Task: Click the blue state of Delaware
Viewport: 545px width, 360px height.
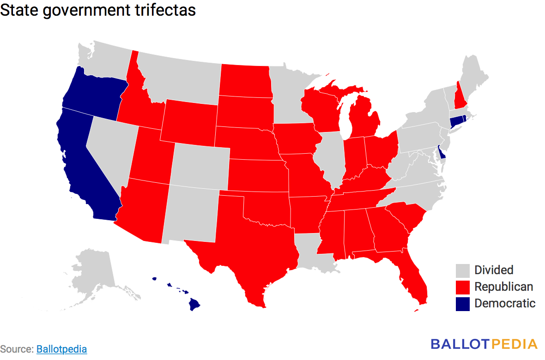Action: pos(442,152)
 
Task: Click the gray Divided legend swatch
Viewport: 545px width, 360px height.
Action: pos(462,270)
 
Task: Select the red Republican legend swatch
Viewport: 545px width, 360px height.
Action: pos(462,287)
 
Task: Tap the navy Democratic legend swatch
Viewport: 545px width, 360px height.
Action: pos(462,304)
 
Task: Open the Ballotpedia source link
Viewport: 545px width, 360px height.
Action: pos(61,349)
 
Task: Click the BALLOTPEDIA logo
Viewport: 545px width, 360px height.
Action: pos(484,344)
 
